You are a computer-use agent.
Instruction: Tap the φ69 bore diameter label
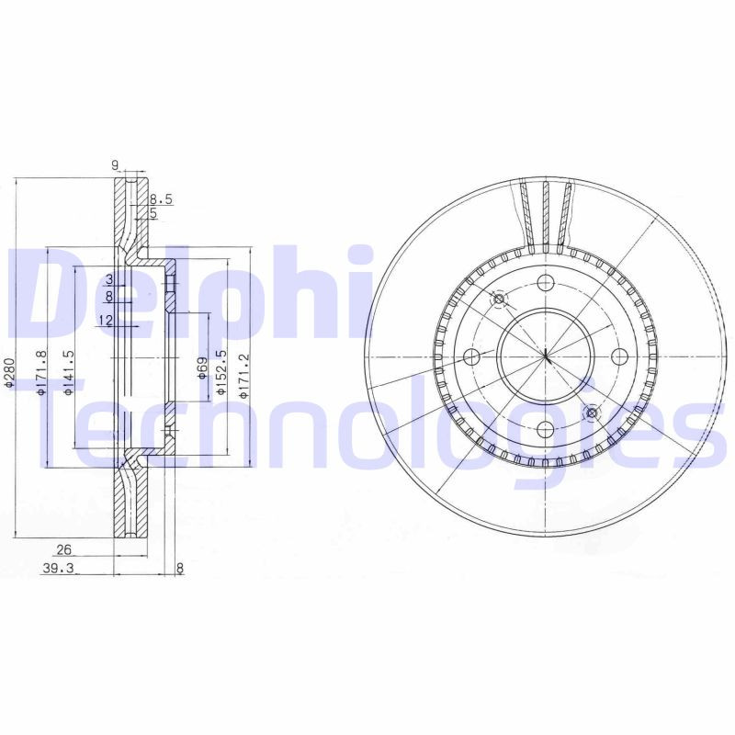pos(201,367)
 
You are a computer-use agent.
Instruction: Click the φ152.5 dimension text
pos(220,372)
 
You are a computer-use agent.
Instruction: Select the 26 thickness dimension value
pos(63,549)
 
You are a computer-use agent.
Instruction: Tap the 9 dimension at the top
pos(115,165)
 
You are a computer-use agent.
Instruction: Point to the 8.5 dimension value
pos(161,198)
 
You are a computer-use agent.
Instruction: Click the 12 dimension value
pos(105,320)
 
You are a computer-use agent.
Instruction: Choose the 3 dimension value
pos(108,279)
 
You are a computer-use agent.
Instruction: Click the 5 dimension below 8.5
pos(153,212)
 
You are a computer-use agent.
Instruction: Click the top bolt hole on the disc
pos(545,282)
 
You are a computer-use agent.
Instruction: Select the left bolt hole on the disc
pos(472,356)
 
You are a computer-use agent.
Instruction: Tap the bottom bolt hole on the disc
pos(545,428)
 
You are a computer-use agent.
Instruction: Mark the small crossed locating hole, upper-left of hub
pos(500,300)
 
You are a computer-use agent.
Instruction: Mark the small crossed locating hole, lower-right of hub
pos(591,412)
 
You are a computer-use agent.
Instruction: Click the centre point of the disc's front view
pos(545,356)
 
